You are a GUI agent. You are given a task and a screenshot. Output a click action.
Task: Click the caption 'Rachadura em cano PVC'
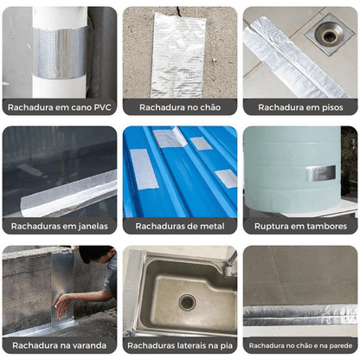60,107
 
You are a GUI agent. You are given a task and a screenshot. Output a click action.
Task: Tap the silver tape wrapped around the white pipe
60,52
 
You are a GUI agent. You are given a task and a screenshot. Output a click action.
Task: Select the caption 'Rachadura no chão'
180,107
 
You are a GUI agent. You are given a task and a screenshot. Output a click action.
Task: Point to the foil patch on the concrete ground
178,55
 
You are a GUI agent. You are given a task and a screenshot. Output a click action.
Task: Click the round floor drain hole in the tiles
329,34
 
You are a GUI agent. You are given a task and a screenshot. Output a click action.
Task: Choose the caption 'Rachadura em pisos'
300,107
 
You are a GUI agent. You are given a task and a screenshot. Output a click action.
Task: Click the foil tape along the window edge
68,195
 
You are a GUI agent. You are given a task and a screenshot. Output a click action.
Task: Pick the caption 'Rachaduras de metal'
180,226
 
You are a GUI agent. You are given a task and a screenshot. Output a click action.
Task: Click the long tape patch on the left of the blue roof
144,169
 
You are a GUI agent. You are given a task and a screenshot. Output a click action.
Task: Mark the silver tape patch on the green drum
321,174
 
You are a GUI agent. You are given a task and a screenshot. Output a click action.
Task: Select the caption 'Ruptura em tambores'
300,226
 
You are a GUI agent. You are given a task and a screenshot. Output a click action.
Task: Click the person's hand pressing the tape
62,306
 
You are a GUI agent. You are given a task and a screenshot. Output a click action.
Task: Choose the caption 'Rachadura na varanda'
60,345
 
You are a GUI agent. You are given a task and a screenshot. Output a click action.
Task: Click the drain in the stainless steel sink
187,302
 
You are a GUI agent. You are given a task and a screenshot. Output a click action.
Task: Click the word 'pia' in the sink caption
227,345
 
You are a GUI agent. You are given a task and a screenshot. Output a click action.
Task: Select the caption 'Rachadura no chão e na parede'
300,345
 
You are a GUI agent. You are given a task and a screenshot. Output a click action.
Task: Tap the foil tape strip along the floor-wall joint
300,315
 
